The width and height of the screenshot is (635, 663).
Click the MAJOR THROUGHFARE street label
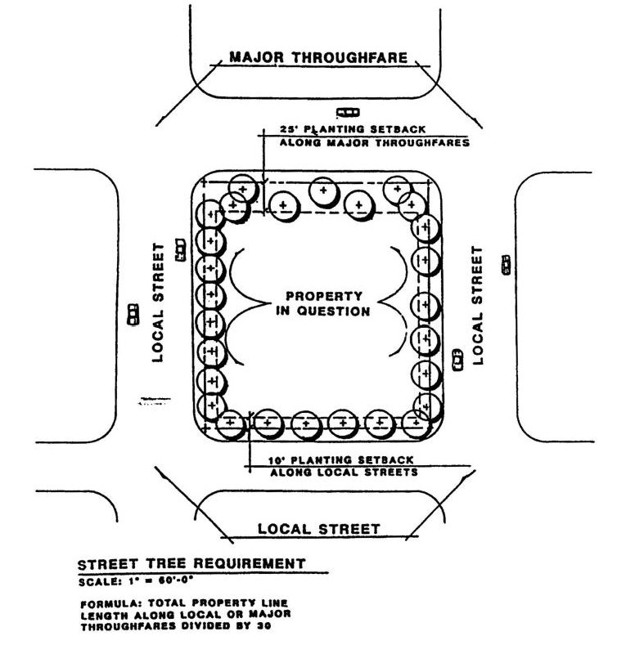(x=318, y=57)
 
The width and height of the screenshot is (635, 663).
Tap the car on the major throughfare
(x=349, y=112)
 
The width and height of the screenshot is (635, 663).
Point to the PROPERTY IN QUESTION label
(x=328, y=303)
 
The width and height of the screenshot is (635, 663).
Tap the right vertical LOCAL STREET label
(x=480, y=304)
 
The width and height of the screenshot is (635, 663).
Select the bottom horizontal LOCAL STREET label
(x=318, y=529)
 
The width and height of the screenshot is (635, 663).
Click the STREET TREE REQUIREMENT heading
(x=191, y=564)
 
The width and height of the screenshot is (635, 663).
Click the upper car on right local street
(x=507, y=262)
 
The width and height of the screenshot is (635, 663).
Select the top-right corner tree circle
(x=398, y=187)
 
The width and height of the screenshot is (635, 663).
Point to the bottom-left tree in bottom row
(x=231, y=422)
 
